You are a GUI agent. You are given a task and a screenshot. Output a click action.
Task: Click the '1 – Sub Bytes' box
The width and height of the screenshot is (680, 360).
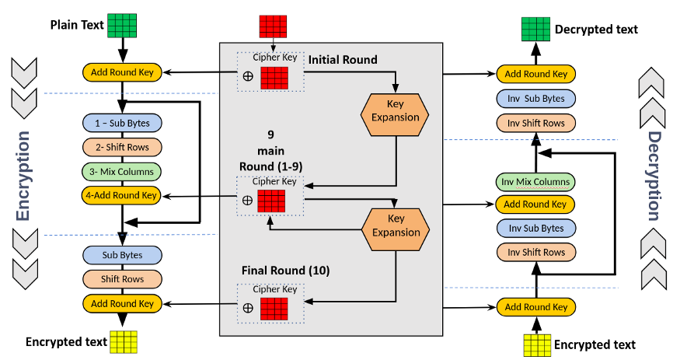coord(121,122)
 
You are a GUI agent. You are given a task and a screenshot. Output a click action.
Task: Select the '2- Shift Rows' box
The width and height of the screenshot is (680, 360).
coord(121,146)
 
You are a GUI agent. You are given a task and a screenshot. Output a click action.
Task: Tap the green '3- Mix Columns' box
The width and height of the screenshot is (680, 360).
coord(121,171)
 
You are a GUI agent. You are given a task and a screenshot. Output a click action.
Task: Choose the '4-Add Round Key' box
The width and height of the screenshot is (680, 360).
coord(121,195)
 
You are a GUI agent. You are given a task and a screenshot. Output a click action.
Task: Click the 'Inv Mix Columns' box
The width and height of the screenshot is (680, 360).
coord(535,182)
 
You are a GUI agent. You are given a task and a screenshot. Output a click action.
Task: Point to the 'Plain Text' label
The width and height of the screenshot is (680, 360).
coord(77,24)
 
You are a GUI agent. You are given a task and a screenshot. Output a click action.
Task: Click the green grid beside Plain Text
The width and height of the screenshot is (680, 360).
coord(122,25)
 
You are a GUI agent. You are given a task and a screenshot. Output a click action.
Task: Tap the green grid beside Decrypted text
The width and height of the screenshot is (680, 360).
coord(535,30)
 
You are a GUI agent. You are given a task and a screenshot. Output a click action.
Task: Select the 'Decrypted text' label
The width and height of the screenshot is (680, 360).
coord(596,30)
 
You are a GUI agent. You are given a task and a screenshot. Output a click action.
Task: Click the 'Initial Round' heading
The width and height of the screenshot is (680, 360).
coord(343,60)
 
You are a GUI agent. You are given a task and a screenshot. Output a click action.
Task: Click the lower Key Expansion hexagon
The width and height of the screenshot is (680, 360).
coord(397,226)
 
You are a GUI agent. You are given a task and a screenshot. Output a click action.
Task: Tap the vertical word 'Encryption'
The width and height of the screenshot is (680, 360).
coord(23,175)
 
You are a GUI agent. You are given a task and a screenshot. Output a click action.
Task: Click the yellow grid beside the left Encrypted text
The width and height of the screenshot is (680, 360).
coord(123,341)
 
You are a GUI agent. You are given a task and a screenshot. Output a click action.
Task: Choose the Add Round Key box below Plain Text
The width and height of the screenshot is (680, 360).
coord(121,73)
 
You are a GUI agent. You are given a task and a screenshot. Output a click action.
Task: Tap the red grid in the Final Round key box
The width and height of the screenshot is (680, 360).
coord(274,308)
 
